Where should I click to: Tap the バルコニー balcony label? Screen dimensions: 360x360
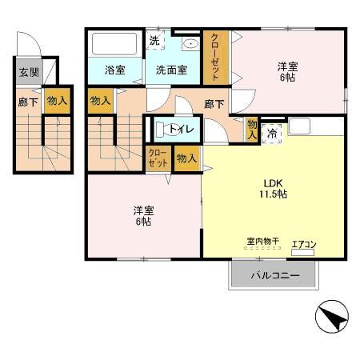274,276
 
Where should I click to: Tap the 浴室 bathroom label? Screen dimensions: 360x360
115,70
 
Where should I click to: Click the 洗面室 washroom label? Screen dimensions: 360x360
171,70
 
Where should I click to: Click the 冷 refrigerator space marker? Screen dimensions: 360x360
274,133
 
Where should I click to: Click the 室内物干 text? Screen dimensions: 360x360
262,241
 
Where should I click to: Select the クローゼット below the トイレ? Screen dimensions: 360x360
158,158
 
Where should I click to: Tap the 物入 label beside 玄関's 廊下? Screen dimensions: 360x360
57,101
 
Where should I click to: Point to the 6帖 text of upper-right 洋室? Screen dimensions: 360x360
288,78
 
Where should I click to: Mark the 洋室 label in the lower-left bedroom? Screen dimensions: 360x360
144,210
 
